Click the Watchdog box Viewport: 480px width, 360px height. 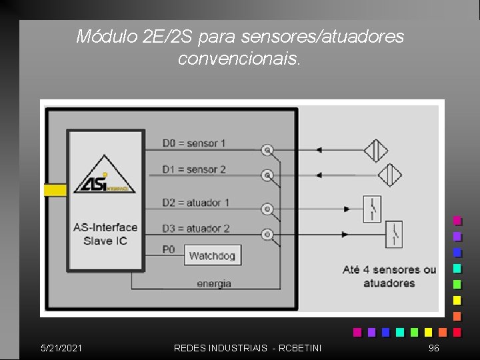(x=213, y=255)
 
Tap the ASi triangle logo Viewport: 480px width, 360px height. (x=104, y=177)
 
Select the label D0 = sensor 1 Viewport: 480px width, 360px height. (x=194, y=143)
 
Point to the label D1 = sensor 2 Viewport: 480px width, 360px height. (x=194, y=169)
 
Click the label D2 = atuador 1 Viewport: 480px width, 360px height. (x=196, y=202)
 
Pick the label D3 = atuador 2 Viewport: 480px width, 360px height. (x=196, y=229)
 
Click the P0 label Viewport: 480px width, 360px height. (x=169, y=249)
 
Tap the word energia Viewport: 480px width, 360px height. (x=214, y=284)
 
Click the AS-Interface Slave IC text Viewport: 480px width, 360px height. (x=105, y=234)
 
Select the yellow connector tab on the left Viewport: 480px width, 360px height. (x=55, y=190)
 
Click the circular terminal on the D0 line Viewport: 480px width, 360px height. (x=267, y=150)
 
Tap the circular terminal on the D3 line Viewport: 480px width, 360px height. (x=267, y=235)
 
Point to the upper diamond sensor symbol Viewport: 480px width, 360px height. (x=376, y=150)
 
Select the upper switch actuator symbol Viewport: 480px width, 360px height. (x=373, y=209)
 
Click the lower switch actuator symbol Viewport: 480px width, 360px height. (x=394, y=234)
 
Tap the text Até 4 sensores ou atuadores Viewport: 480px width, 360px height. (x=389, y=276)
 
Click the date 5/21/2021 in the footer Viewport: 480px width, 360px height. (x=61, y=348)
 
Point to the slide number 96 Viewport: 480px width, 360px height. (x=434, y=348)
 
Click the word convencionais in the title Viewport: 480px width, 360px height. (x=240, y=59)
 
